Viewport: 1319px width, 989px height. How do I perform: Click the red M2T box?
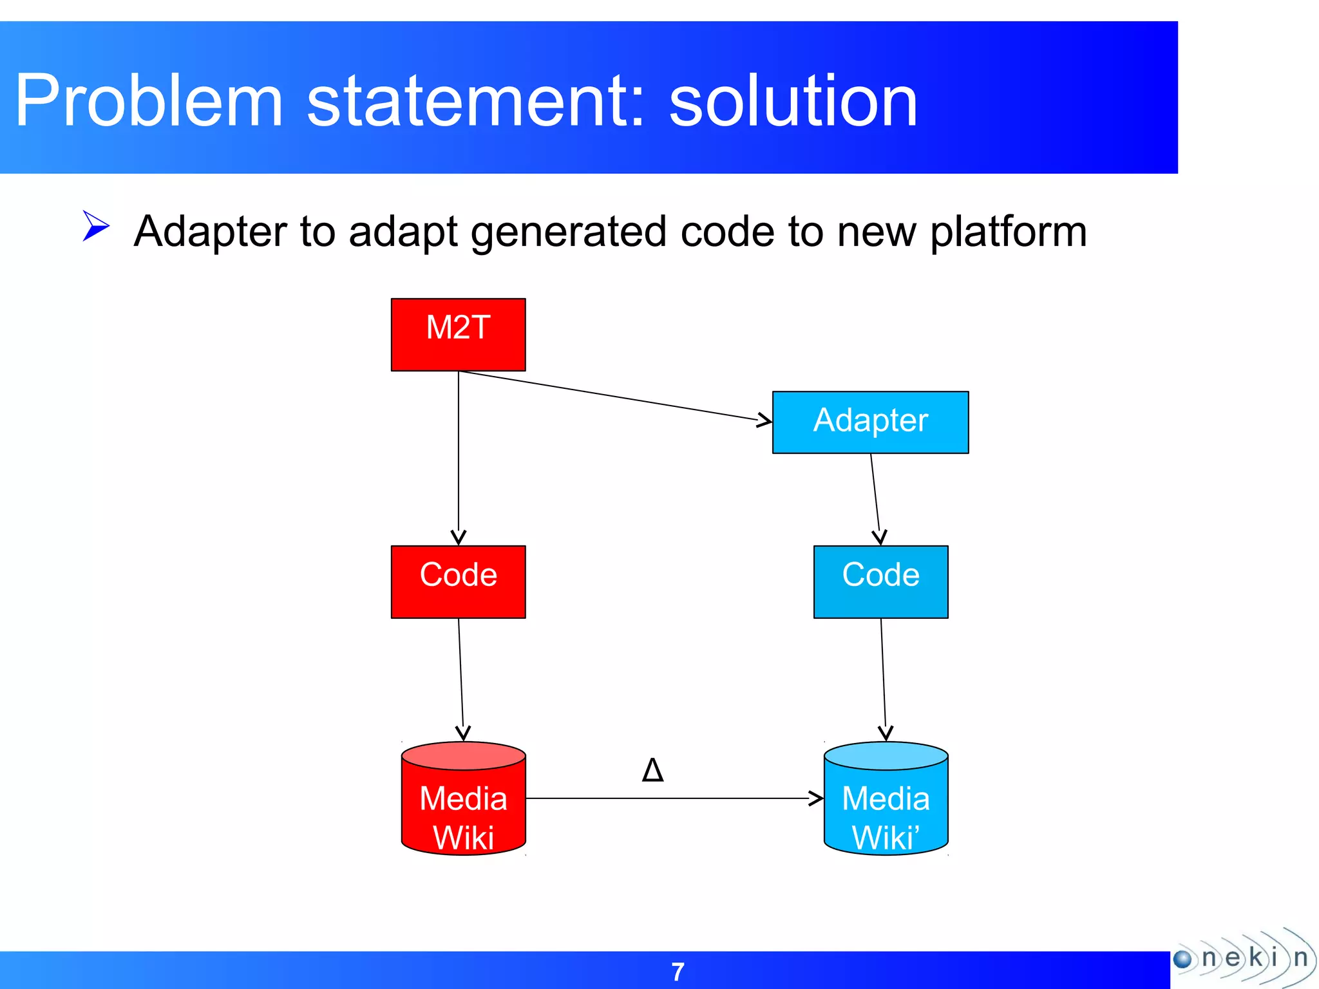(x=458, y=334)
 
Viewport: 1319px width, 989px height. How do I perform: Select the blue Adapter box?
(x=870, y=422)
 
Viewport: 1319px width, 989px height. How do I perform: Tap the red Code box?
(x=458, y=581)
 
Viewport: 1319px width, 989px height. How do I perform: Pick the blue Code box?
(x=880, y=581)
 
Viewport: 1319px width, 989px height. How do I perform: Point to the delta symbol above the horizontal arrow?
(x=652, y=769)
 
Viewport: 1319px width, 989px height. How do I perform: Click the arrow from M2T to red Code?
(x=459, y=457)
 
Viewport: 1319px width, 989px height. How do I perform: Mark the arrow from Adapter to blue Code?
(x=875, y=499)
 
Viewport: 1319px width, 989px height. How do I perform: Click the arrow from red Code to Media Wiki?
(x=460, y=679)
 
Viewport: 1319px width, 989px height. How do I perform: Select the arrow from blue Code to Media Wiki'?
(x=883, y=679)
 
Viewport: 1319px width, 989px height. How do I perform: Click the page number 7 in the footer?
(x=678, y=972)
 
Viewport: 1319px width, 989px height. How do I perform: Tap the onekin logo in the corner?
(x=1243, y=958)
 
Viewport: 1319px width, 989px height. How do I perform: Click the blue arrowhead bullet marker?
(x=97, y=226)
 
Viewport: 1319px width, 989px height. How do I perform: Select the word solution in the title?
(x=793, y=101)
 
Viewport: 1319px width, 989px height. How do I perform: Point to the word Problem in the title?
(x=149, y=101)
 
